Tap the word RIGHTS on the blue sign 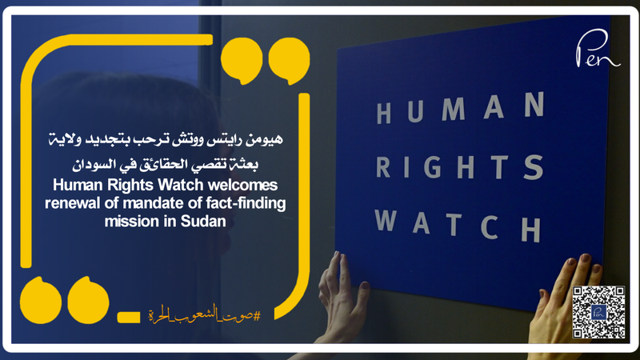[x=460, y=165]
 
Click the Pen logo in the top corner [x=597, y=54]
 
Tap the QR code [x=599, y=311]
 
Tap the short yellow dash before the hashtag [x=128, y=318]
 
